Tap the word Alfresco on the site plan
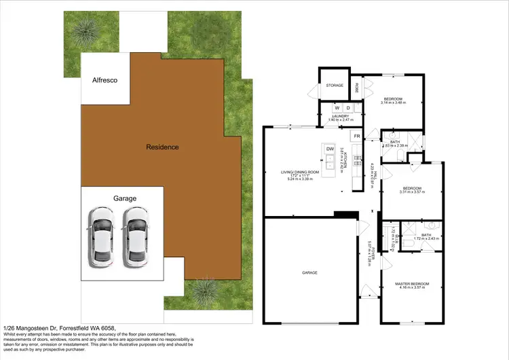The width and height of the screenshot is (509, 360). (105, 80)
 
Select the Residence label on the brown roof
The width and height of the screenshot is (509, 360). (162, 147)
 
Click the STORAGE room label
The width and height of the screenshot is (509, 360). (335, 86)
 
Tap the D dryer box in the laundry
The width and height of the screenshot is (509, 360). (348, 107)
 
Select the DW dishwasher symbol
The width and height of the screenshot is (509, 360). (331, 149)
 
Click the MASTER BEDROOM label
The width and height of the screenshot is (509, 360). (413, 283)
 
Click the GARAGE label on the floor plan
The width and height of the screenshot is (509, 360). (310, 272)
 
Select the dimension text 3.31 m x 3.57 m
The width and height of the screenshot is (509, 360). (413, 192)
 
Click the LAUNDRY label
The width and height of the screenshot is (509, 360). (341, 116)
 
